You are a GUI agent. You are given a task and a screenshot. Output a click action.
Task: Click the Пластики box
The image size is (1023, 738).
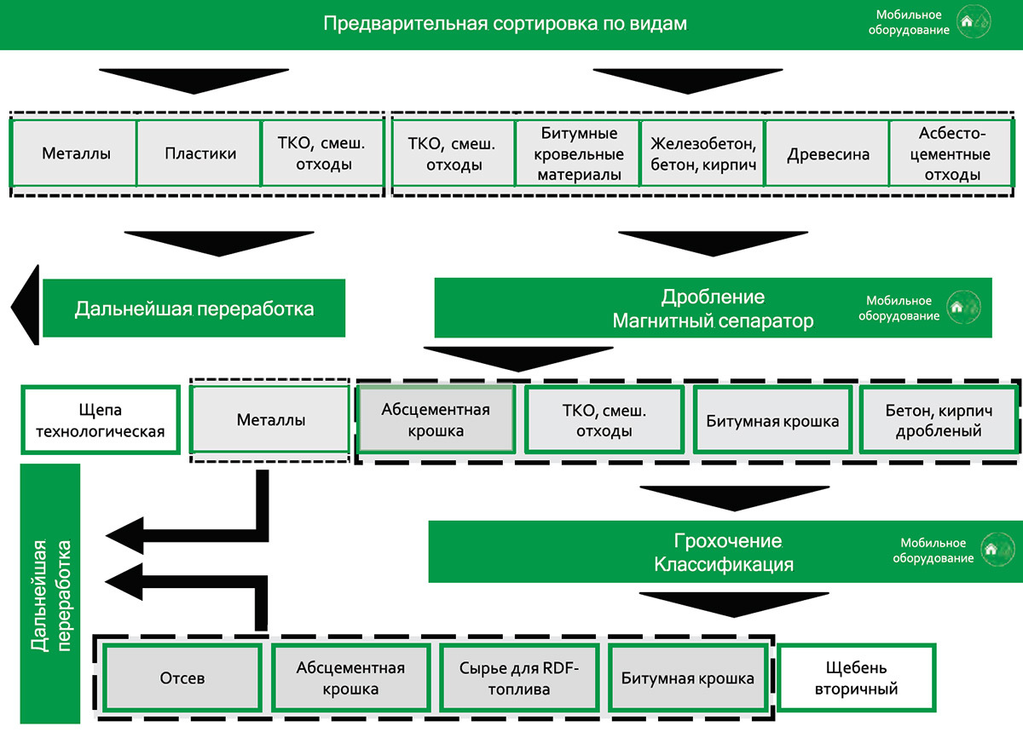[199, 153]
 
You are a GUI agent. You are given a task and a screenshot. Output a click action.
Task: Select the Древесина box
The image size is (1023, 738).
[828, 154]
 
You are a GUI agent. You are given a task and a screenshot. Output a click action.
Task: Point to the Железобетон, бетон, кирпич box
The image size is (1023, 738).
[703, 154]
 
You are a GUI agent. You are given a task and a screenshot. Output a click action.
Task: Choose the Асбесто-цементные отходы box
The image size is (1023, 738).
[952, 154]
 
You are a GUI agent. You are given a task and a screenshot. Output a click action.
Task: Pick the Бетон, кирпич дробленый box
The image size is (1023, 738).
[938, 420]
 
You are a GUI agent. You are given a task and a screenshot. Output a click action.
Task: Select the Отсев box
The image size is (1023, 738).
[182, 678]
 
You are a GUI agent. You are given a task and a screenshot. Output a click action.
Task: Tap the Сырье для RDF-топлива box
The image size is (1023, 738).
[518, 678]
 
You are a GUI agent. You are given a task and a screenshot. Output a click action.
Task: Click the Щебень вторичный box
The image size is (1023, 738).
[857, 678]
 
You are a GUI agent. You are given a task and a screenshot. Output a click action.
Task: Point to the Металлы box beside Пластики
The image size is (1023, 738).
[74, 153]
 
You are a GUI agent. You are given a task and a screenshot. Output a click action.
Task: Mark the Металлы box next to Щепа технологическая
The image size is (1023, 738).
[270, 420]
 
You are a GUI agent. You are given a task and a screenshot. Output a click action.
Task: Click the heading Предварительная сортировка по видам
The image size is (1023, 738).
[505, 24]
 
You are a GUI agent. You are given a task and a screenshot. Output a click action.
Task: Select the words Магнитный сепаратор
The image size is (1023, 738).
[713, 321]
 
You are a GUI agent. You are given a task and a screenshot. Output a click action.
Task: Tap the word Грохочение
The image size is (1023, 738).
[727, 541]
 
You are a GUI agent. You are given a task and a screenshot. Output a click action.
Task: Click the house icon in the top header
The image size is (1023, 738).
[971, 23]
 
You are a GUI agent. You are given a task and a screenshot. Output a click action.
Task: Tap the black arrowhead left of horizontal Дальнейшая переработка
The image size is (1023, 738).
[26, 306]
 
